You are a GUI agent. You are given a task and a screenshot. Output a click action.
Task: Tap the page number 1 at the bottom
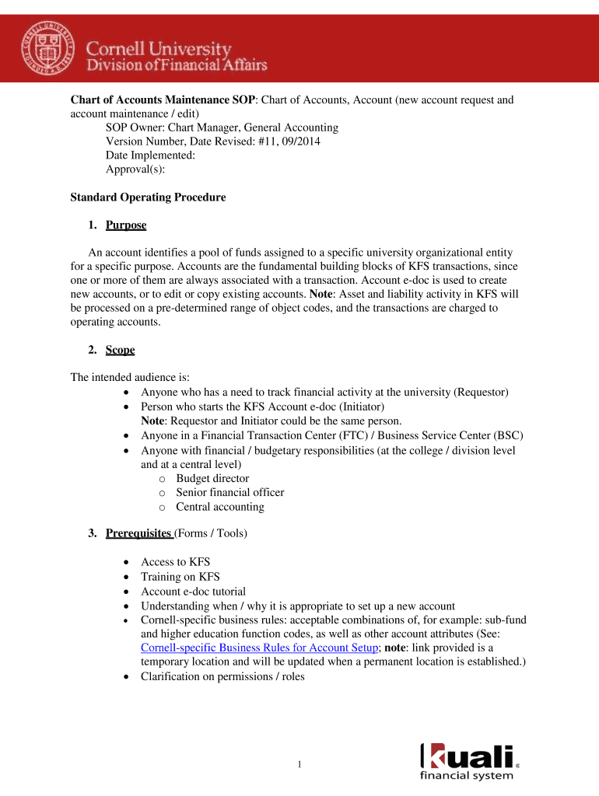point(299,766)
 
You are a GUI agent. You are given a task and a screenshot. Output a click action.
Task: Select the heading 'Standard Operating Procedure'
point(148,197)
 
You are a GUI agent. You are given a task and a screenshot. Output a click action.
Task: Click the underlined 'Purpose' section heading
point(126,225)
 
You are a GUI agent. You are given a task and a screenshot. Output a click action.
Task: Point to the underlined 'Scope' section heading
point(120,350)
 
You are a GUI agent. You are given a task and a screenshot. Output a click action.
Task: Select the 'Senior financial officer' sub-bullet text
point(229,492)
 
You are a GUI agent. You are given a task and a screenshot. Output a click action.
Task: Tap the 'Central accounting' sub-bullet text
point(219,507)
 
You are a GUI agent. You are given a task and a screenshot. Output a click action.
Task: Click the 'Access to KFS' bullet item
point(175,561)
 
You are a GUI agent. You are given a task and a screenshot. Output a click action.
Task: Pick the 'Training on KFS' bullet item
point(180,576)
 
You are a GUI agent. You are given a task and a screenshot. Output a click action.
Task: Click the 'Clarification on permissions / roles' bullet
point(222,676)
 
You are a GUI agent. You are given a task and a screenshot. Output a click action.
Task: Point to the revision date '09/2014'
point(299,141)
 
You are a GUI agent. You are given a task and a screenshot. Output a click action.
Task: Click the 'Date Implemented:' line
point(150,155)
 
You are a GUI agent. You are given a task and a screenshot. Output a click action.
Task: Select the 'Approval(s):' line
point(135,169)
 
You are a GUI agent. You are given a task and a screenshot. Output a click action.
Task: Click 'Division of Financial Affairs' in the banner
point(177,65)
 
